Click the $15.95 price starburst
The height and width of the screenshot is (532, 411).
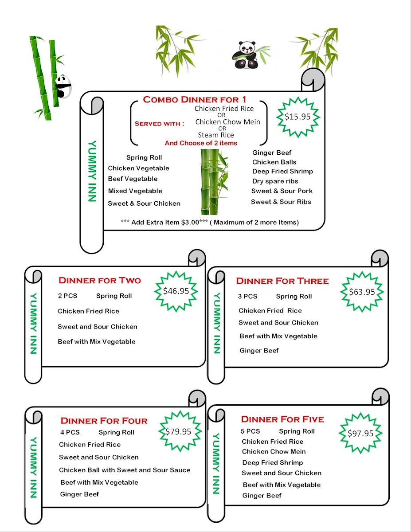pyautogui.click(x=297, y=117)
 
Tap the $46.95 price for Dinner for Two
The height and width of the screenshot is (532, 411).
pyautogui.click(x=176, y=291)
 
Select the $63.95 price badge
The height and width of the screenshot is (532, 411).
pyautogui.click(x=362, y=292)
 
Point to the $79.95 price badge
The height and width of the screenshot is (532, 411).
pyautogui.click(x=178, y=431)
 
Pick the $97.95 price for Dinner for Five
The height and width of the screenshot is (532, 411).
pyautogui.click(x=360, y=434)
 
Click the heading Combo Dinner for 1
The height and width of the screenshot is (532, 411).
pyautogui.click(x=194, y=100)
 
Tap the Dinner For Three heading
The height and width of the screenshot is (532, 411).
pyautogui.click(x=282, y=281)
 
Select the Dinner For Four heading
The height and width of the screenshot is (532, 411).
pyautogui.click(x=104, y=421)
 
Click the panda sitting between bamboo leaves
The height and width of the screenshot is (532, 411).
pyautogui.click(x=246, y=55)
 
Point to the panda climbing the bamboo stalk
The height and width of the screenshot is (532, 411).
pyautogui.click(x=63, y=86)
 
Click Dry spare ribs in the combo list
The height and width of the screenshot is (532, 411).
pyautogui.click(x=275, y=181)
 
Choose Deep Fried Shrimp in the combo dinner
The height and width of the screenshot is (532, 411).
pyautogui.click(x=282, y=172)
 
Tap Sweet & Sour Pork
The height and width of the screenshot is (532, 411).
pyautogui.click(x=282, y=191)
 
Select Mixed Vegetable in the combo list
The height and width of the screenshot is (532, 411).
pyautogui.click(x=135, y=191)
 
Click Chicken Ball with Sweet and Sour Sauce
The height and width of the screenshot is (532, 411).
pyautogui.click(x=125, y=470)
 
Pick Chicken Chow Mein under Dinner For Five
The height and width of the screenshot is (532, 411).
pyautogui.click(x=274, y=452)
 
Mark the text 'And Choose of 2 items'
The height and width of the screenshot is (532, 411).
pyautogui.click(x=200, y=143)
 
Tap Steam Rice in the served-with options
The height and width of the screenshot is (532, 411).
pyautogui.click(x=215, y=135)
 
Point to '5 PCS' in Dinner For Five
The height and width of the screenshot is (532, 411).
pyautogui.click(x=251, y=431)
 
